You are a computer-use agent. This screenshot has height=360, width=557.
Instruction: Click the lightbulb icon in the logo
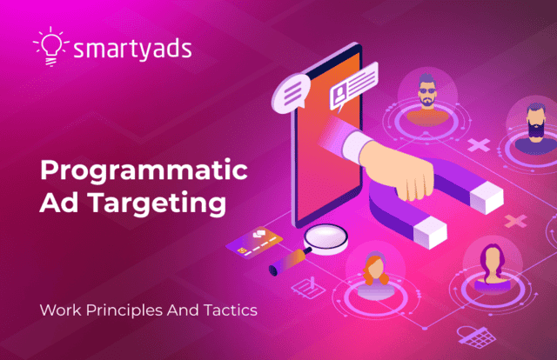click(51, 46)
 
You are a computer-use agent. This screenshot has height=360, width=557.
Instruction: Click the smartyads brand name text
click(132, 50)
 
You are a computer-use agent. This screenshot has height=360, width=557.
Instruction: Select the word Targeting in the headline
click(157, 203)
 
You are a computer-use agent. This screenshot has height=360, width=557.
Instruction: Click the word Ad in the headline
click(59, 203)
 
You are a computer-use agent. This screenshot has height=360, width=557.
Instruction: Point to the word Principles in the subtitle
click(125, 310)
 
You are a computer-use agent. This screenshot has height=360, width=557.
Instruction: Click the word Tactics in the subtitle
click(231, 310)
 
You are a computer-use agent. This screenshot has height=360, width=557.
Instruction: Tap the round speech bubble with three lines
click(291, 94)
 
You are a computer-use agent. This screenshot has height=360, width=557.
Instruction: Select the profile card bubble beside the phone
click(353, 85)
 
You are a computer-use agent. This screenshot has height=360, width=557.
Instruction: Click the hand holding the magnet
click(394, 167)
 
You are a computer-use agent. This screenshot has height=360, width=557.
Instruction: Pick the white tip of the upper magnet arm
click(487, 197)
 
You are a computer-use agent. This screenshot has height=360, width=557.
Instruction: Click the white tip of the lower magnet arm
click(431, 232)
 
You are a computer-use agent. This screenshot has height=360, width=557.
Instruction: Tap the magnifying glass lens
click(325, 237)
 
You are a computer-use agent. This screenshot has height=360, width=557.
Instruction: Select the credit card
click(254, 243)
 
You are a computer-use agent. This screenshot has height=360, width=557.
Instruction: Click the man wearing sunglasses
click(427, 99)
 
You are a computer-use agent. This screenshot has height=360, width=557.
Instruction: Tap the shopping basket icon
click(476, 337)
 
